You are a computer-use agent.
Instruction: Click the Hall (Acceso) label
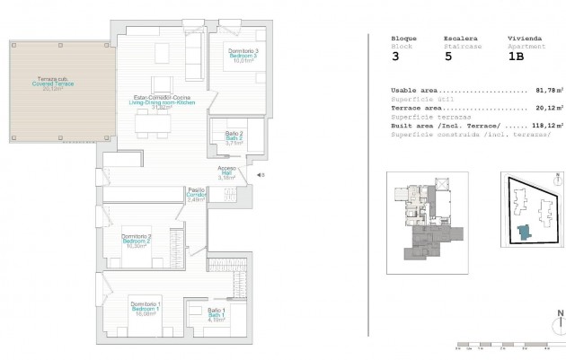click(227, 172)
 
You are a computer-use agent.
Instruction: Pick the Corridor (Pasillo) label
click(197, 195)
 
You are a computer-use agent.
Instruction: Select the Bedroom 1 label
click(145, 309)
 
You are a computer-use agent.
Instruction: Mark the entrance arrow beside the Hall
click(260, 176)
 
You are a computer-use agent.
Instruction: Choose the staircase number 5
click(447, 56)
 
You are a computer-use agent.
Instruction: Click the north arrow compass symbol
click(558, 320)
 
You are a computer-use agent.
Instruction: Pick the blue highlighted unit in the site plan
click(522, 234)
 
